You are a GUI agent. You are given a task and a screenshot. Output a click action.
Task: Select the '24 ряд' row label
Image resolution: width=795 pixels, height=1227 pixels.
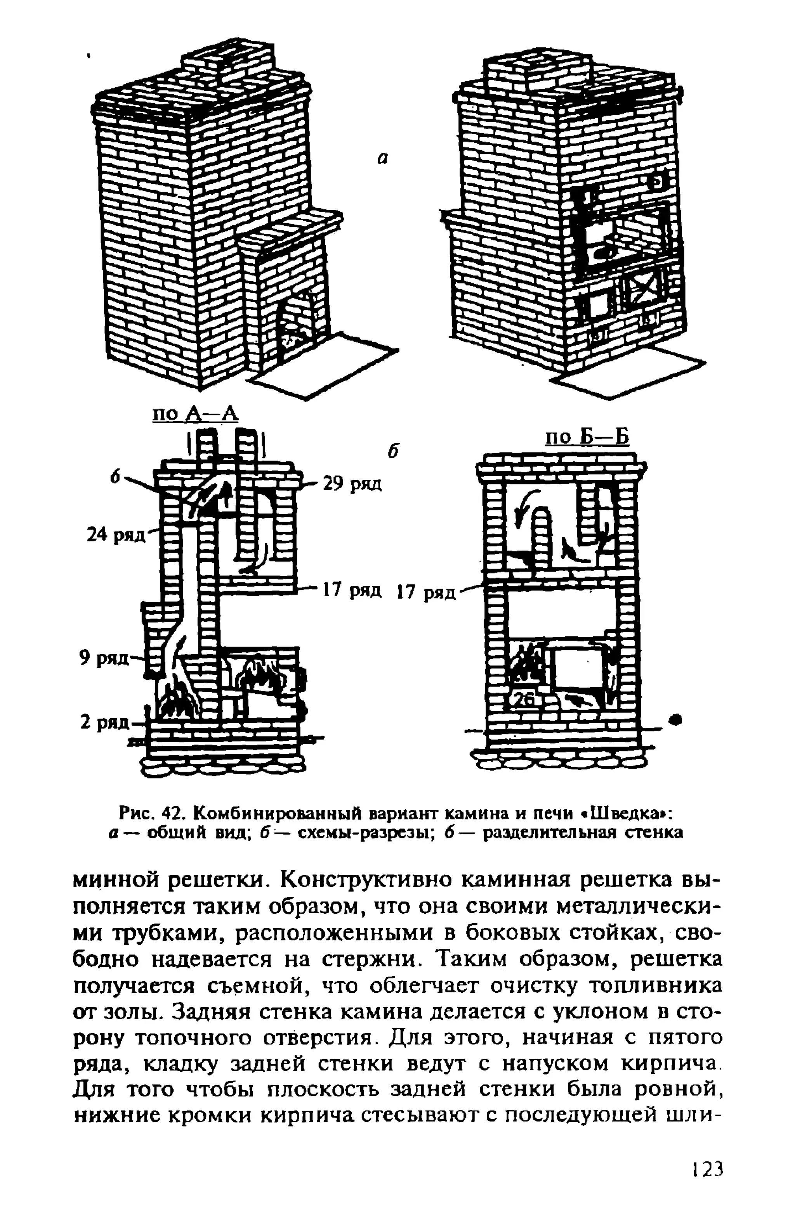[x=116, y=535]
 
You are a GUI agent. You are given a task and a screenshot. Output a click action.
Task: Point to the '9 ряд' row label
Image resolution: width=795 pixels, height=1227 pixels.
[x=103, y=658]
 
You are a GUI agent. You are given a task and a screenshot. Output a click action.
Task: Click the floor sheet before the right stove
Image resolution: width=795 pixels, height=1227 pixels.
[x=629, y=370]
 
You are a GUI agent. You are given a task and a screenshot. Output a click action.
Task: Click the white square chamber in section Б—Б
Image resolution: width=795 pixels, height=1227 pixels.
[x=577, y=669]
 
